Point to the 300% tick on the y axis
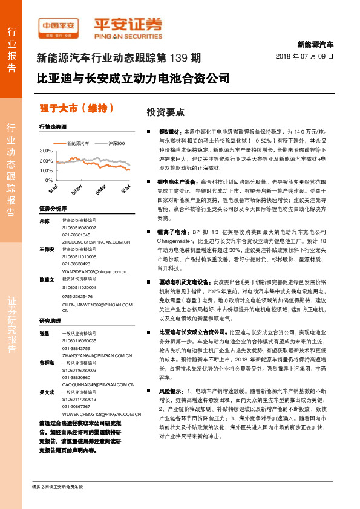46,150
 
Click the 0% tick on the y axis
48,180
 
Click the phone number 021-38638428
76,263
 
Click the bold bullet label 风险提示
171,374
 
